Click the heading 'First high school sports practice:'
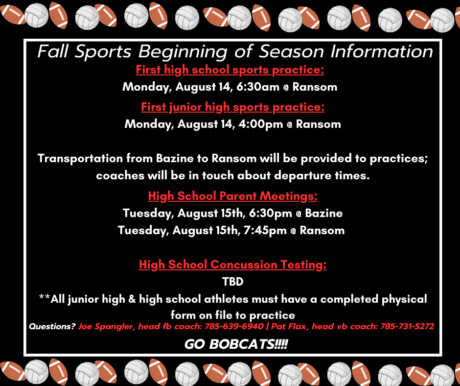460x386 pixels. (230, 70)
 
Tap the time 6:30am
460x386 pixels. (257, 87)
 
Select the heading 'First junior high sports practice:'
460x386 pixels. (232, 107)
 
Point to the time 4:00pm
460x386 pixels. (260, 124)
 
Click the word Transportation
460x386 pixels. (80, 159)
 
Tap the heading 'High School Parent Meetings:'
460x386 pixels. (232, 196)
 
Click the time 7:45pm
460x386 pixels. (265, 230)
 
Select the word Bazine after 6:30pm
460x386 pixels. (323, 213)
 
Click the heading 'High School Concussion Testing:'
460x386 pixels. (232, 265)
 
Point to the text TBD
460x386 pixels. (232, 282)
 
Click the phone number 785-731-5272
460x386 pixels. (407, 326)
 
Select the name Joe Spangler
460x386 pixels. (105, 327)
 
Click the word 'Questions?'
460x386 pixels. (52, 326)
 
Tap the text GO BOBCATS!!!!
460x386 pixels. (236, 344)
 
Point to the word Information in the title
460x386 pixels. (382, 52)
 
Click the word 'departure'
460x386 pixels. (302, 176)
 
